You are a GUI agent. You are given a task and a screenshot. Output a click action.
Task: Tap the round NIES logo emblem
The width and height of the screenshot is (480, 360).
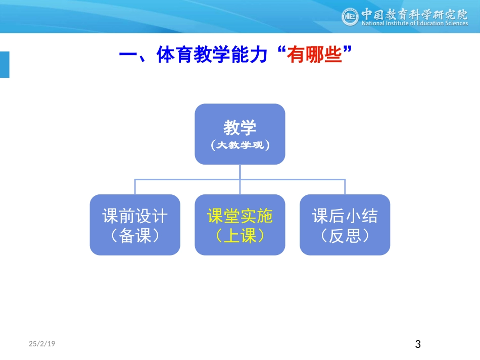350,18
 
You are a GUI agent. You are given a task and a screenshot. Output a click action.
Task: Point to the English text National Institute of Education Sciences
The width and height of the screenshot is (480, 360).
414,23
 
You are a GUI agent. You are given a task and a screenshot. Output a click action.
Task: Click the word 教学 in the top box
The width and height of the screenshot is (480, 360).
240,128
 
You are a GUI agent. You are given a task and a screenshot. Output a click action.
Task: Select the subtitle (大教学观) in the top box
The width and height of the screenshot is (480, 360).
240,145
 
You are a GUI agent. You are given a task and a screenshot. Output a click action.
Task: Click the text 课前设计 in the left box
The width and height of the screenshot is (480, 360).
135,217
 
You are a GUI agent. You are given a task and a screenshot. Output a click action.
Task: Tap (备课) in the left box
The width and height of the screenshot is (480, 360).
135,236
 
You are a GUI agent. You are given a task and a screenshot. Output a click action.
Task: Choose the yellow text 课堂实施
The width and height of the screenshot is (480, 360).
240,217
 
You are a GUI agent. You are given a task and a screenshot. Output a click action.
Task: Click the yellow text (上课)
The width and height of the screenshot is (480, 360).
240,236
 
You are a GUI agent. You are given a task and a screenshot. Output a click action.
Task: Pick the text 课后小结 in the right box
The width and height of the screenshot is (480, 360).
345,217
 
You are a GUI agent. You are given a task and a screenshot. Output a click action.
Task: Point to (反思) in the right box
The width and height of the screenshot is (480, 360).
345,236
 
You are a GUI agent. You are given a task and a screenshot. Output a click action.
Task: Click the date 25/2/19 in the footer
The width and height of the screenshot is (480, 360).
42,344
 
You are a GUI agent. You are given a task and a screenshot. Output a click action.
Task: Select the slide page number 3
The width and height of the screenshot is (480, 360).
417,345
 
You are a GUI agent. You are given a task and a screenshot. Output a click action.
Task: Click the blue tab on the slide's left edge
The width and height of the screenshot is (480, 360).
5,65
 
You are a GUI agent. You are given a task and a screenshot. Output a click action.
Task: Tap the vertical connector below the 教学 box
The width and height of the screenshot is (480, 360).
240,171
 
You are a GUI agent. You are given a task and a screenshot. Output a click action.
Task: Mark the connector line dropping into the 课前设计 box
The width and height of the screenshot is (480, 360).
135,187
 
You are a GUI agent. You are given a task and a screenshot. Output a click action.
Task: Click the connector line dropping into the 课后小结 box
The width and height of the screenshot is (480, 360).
345,187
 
